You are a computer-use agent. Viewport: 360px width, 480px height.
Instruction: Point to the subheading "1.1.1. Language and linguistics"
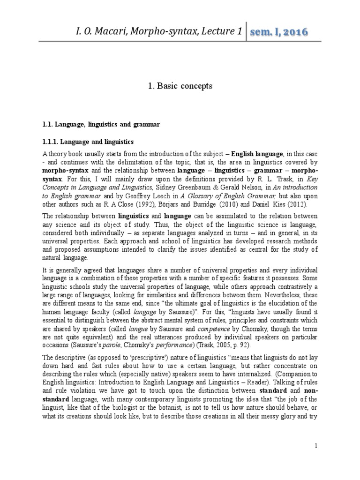point(88,141)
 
